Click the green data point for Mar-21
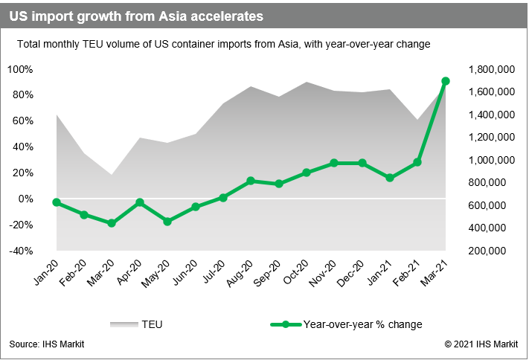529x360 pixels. [445, 81]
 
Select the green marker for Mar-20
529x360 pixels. [112, 223]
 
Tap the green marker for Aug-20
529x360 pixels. [251, 181]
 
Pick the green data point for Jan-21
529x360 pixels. [390, 178]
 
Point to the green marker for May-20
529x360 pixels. [167, 222]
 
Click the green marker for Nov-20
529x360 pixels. [334, 163]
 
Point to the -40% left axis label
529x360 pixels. [19, 251]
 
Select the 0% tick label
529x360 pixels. [25, 199]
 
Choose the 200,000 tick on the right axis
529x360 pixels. [494, 251]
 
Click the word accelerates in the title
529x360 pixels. [218, 15]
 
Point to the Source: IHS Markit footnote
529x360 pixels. [47, 344]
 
